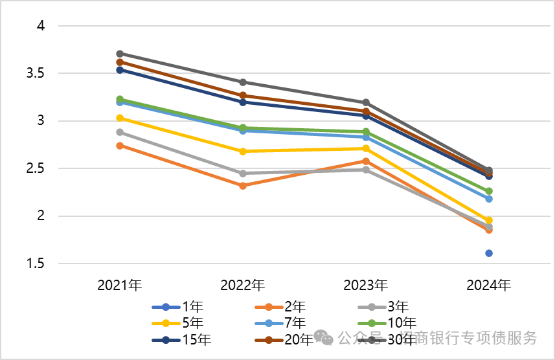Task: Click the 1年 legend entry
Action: pos(181,307)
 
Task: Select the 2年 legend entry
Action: pos(284,307)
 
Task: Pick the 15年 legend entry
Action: pos(181,339)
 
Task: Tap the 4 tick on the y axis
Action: pos(40,26)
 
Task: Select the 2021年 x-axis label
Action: pos(120,285)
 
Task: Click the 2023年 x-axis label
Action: pos(366,285)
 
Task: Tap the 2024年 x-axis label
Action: pos(489,285)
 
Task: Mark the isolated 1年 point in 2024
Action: pos(489,253)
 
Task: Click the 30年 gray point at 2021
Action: pos(120,54)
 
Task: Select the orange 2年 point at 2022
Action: pos(243,186)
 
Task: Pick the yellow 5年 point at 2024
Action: pos(489,220)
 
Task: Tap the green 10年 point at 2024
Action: pos(489,191)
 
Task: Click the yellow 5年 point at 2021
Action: pos(120,118)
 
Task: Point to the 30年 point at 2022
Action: pos(243,82)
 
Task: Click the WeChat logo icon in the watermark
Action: pos(323,338)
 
